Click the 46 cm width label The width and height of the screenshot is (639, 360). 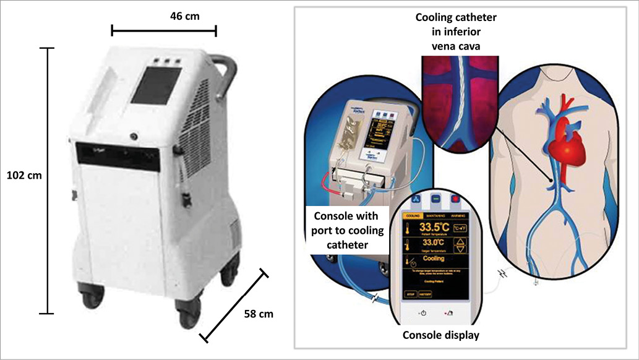[184, 16]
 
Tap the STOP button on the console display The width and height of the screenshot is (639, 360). [409, 294]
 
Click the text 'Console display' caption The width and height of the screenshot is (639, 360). [440, 336]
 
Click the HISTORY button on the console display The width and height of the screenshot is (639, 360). [427, 294]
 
